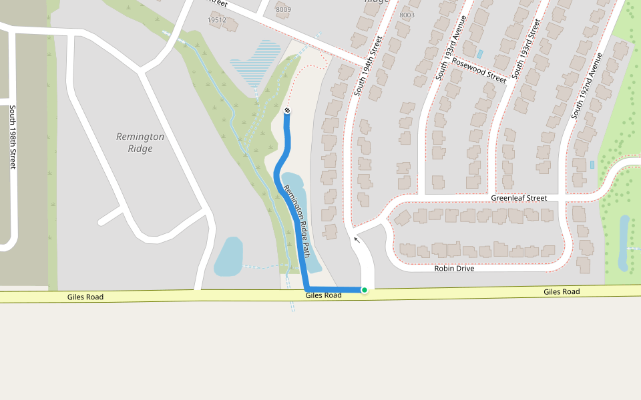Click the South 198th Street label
tap(12, 137)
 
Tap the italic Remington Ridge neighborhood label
tap(140, 143)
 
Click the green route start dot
tap(364, 290)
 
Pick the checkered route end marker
tap(287, 110)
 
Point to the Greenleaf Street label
tap(519, 198)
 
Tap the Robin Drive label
tap(454, 269)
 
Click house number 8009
tap(283, 9)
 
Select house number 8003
tap(406, 15)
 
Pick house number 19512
tap(217, 20)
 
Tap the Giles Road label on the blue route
tap(324, 295)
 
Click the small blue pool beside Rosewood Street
tap(479, 53)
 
